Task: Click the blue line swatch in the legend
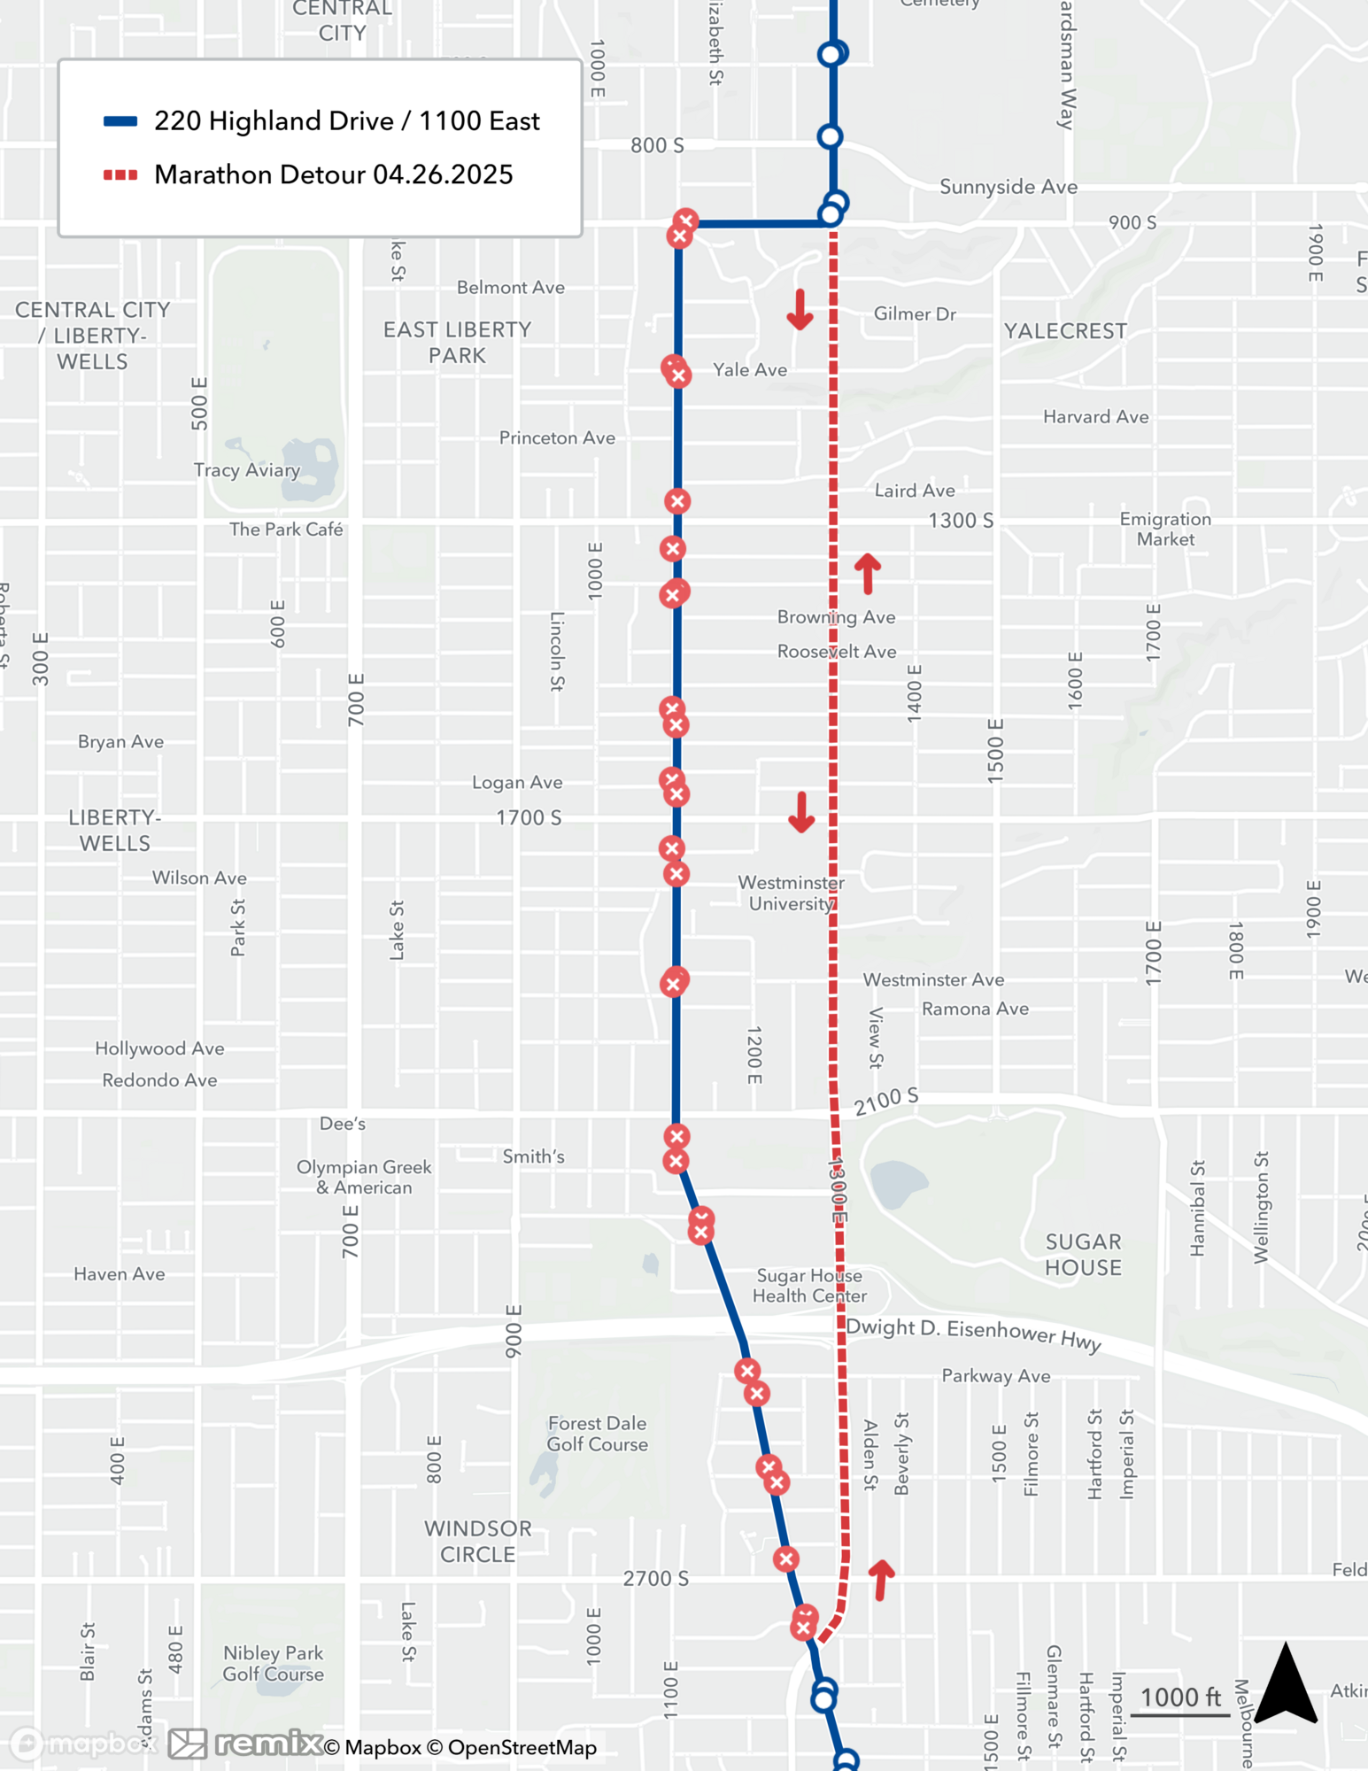pos(120,121)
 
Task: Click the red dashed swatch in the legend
pos(120,174)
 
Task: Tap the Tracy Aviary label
pos(247,470)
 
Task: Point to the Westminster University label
pos(791,893)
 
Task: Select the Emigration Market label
pos(1165,529)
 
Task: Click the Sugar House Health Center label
pos(809,1285)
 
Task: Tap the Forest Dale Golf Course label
pos(598,1433)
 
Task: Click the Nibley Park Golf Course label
pos(273,1662)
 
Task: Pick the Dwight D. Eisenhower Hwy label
pos(973,1334)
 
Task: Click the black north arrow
pos(1286,1684)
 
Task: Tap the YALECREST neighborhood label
pos(1065,331)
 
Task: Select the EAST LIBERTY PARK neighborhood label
pos(457,342)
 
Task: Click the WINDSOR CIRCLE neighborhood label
pos(477,1541)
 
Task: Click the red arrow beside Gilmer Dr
pos(800,309)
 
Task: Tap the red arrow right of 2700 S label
pos(881,1579)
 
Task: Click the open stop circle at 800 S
pos(830,136)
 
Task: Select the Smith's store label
pos(533,1156)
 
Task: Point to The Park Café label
pos(286,529)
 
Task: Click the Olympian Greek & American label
pos(364,1177)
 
